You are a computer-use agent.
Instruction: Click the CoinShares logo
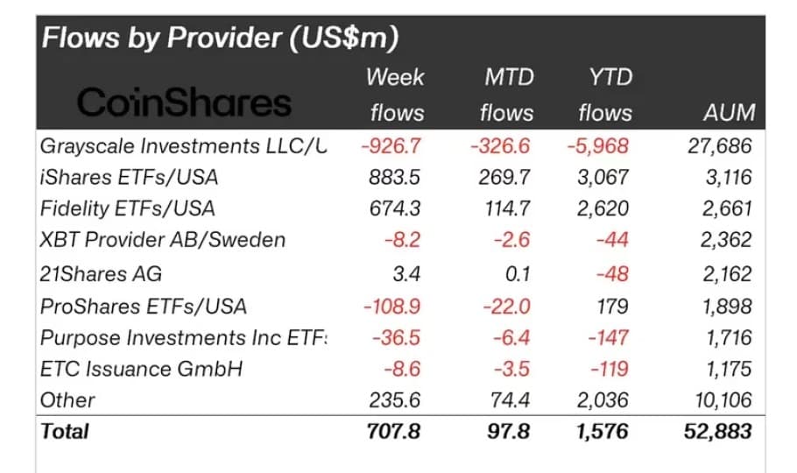(x=183, y=103)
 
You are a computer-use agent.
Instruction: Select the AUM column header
(x=729, y=113)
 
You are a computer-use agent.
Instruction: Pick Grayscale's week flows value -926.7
(x=391, y=145)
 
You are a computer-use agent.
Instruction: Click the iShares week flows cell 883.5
(x=397, y=177)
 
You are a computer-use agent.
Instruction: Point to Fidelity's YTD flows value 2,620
(x=603, y=208)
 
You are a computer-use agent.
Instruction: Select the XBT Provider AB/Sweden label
(x=163, y=240)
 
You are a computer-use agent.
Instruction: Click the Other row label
(x=67, y=400)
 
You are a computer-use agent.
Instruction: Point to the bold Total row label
(x=65, y=431)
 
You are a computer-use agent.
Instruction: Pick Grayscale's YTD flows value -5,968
(x=599, y=145)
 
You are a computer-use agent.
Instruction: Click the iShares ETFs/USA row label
(x=129, y=177)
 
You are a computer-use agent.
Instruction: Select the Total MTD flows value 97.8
(x=509, y=431)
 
